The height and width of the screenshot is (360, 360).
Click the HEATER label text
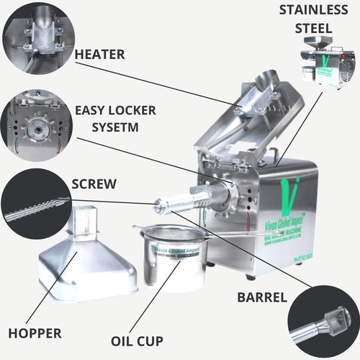pyautogui.click(x=100, y=55)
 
